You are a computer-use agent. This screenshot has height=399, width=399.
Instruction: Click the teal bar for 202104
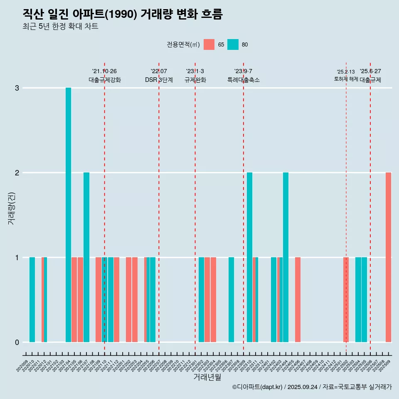(68, 215)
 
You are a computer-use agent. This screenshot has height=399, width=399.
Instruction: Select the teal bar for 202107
(86, 257)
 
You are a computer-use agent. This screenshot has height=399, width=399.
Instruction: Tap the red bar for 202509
(388, 257)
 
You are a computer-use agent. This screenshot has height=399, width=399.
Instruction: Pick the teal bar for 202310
(249, 257)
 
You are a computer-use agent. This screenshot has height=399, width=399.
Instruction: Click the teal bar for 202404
(286, 257)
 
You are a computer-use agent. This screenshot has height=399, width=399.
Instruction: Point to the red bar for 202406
(298, 300)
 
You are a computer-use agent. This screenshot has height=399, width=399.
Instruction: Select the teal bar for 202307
(231, 300)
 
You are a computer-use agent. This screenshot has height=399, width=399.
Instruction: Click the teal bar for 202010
(32, 300)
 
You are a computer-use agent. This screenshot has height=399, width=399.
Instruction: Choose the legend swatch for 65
(209, 44)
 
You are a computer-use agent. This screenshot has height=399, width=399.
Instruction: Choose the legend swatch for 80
(233, 44)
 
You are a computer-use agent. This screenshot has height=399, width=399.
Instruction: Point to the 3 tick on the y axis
(17, 88)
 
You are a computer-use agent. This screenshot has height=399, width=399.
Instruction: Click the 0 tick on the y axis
(17, 342)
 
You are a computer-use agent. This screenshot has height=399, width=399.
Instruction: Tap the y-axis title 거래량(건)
(11, 208)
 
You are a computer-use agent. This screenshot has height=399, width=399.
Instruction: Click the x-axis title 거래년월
(207, 377)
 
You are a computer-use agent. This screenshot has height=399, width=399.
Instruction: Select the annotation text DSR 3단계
(159, 80)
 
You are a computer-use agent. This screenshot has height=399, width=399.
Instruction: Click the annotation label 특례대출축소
(244, 80)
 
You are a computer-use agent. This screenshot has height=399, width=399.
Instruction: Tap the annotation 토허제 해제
(346, 79)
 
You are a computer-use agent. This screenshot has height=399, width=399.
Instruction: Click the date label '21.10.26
(104, 71)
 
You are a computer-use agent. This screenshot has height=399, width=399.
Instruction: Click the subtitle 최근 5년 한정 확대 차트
(60, 27)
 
